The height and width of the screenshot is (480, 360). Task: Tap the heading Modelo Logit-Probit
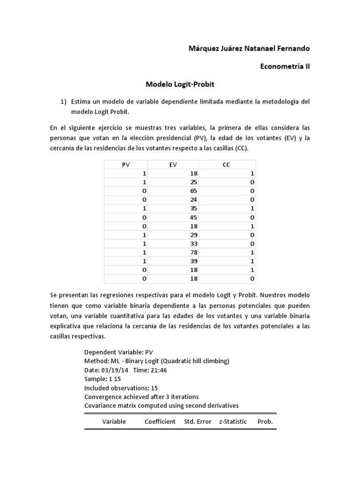coord(180,84)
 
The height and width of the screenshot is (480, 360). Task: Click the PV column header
coord(125,165)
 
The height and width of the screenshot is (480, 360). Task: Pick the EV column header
coord(173,165)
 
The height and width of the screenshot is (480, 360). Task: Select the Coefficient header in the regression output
coord(160,421)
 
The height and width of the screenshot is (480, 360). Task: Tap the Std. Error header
coord(198,421)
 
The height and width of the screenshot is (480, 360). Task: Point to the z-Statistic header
coord(233,421)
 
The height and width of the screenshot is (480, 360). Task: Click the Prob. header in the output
coord(265,421)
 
